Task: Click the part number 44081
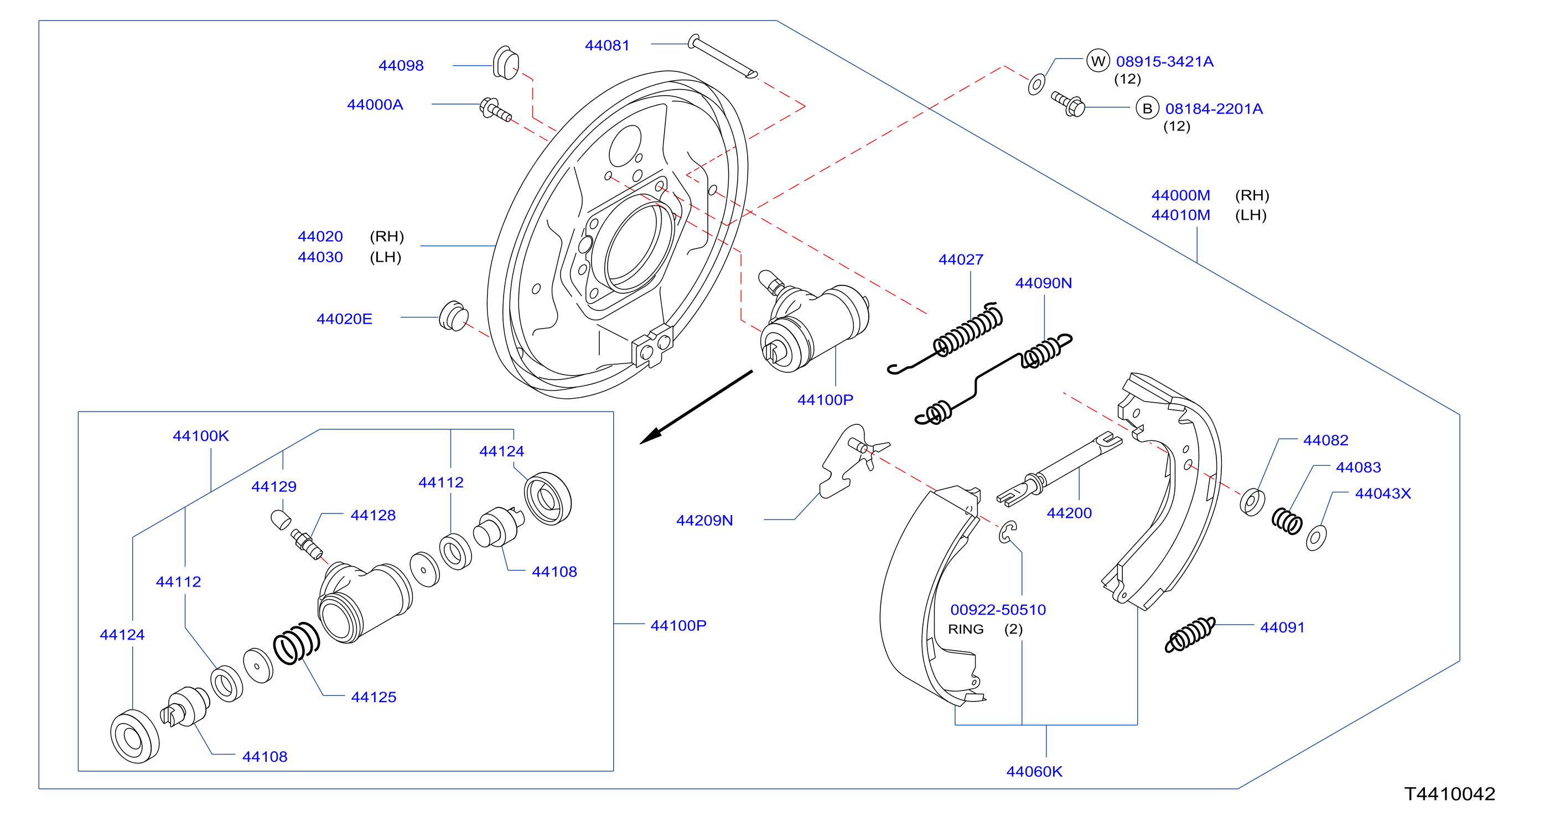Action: pos(607,45)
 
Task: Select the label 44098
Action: pos(401,65)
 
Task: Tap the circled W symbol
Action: pos(1098,61)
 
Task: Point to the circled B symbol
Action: pos(1147,108)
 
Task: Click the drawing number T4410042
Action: pos(1449,794)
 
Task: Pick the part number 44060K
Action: pos(1034,772)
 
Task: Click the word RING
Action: pos(966,629)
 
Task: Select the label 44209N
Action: pos(704,521)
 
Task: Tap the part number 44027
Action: pos(961,259)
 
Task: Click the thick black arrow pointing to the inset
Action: pos(696,408)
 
